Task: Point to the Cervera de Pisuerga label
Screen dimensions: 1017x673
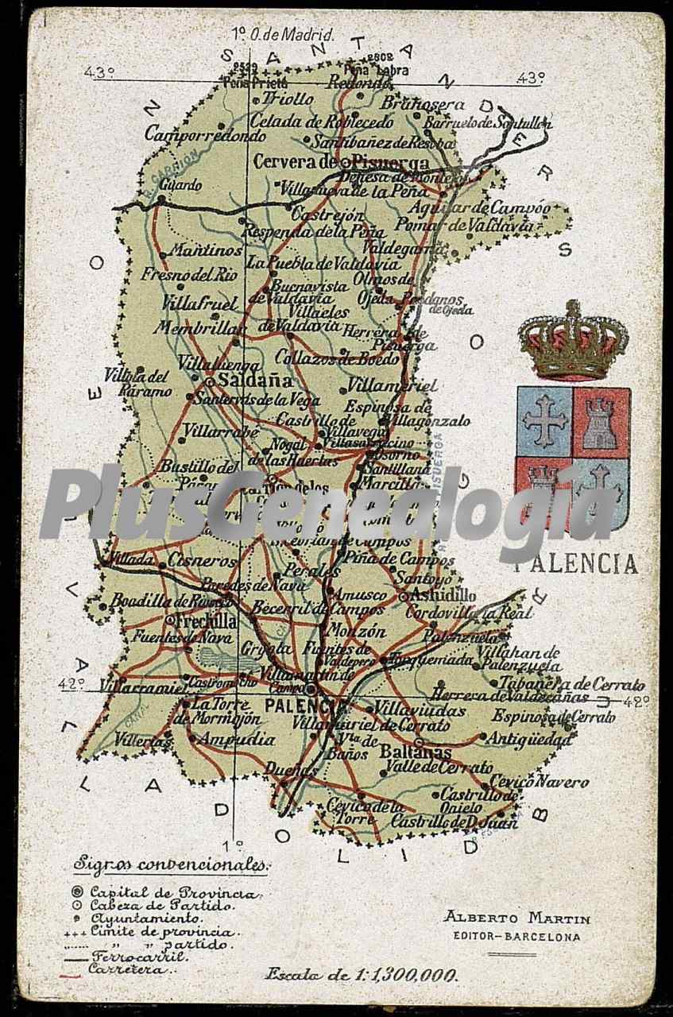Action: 342,162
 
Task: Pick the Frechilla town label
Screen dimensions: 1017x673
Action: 207,621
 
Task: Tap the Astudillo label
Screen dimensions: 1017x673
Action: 443,594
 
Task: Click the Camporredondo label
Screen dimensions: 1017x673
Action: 205,134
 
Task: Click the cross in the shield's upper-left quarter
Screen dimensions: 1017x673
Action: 545,420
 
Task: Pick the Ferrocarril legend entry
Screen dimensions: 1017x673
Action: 138,957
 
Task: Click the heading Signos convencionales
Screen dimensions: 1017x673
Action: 170,864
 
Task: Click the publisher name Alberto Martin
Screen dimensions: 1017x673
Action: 516,918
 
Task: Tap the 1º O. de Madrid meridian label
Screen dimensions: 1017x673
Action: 284,34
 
